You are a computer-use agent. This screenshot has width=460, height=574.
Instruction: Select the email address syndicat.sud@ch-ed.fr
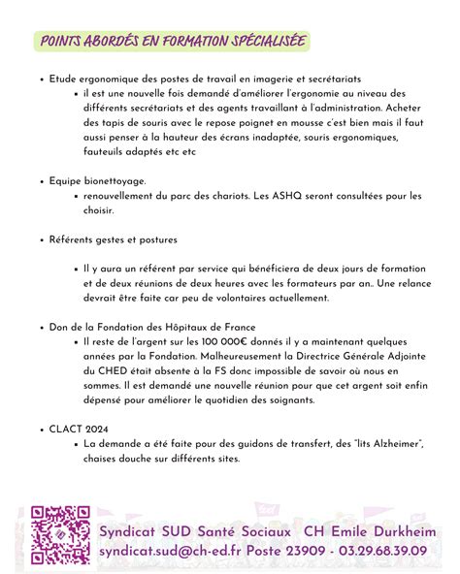tap(183, 550)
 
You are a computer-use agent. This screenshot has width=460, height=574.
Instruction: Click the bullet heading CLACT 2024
tap(78, 428)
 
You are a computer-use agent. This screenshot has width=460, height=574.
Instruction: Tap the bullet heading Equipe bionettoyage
tap(97, 180)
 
